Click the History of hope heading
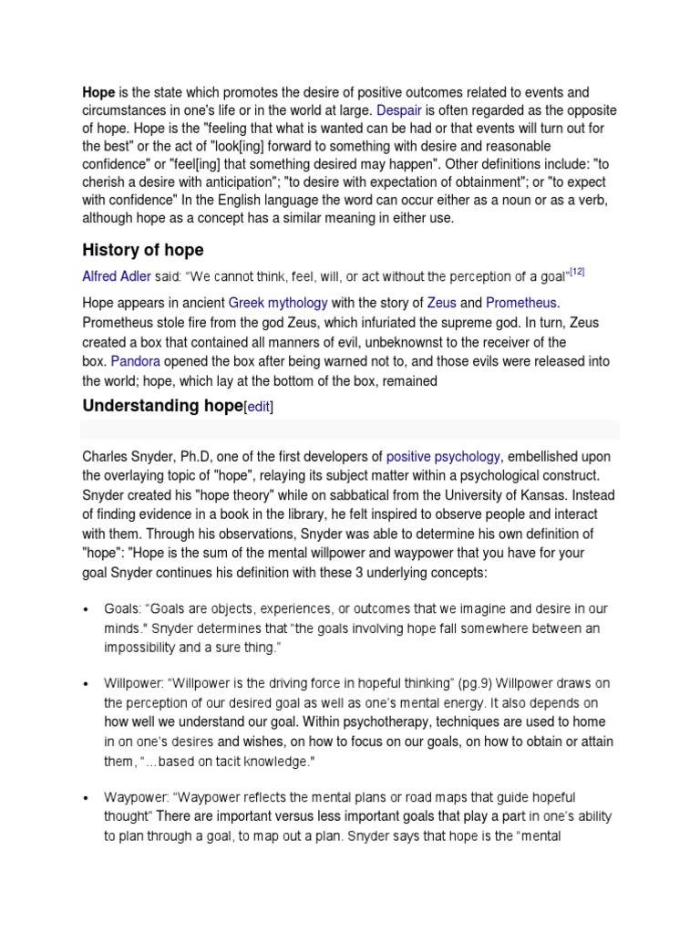click(x=143, y=250)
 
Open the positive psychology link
click(x=443, y=457)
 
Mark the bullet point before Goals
click(x=86, y=609)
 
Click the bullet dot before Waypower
click(x=86, y=798)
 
